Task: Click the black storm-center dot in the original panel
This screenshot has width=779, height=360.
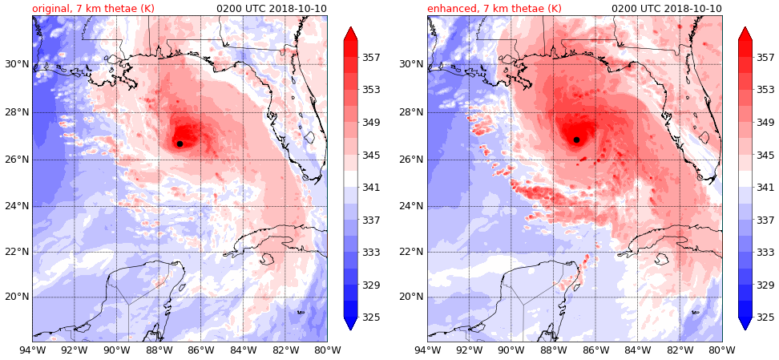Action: [180, 144]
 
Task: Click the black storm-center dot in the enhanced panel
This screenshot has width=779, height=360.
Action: [576, 140]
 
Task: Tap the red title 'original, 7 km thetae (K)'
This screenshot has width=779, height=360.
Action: [93, 9]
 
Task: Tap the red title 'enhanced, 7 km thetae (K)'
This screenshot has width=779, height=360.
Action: [494, 9]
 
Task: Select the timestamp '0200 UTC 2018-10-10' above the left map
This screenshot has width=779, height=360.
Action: [272, 9]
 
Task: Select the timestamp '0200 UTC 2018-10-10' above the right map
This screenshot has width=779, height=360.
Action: [667, 9]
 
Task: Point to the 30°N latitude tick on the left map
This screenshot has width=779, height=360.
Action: [16, 65]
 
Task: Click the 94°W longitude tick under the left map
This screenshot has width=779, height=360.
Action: [33, 350]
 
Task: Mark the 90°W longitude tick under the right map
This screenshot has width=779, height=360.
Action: [511, 350]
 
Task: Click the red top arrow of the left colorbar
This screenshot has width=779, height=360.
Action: [350, 33]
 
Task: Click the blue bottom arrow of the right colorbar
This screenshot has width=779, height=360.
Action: [745, 323]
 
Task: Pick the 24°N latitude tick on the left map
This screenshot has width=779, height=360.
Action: [16, 205]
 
